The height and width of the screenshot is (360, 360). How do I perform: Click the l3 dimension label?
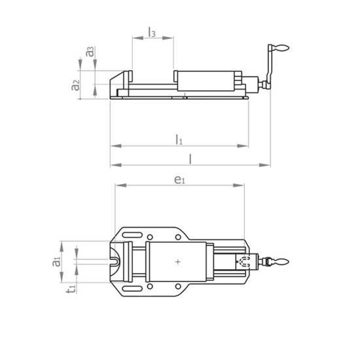[x=152, y=32]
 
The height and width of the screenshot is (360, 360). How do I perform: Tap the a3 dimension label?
[x=90, y=52]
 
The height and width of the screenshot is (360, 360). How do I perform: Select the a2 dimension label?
[x=75, y=85]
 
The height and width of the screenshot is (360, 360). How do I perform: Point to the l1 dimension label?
[x=179, y=139]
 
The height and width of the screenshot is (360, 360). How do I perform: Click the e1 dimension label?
[x=179, y=180]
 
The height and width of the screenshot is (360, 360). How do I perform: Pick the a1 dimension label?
[x=56, y=262]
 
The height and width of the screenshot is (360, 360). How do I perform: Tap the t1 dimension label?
[x=71, y=289]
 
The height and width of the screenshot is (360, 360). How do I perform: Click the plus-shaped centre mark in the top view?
[x=178, y=262]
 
